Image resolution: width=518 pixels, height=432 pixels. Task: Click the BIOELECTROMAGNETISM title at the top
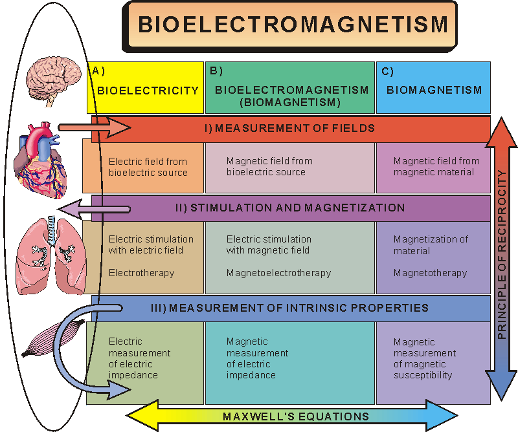(293, 25)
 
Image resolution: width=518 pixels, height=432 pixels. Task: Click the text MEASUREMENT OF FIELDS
(295, 128)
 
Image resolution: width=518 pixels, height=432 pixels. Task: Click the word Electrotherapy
(141, 273)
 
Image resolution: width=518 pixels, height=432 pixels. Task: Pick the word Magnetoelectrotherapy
(278, 273)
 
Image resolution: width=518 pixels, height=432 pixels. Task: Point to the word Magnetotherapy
(430, 273)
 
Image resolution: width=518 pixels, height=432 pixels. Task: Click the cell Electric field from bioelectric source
(148, 167)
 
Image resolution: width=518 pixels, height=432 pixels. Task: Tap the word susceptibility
(422, 375)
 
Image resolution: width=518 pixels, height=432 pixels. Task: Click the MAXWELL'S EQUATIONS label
(296, 416)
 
